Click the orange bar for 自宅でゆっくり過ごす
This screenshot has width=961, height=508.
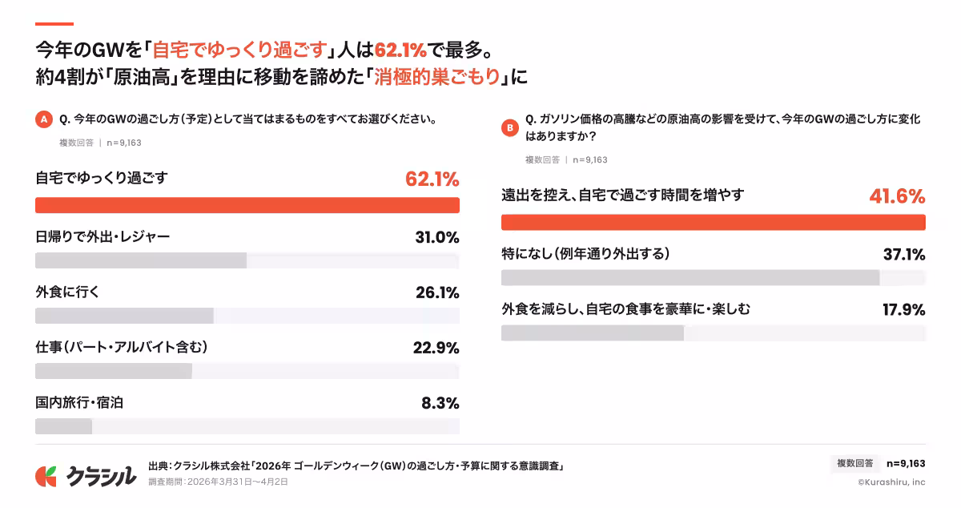pos(247,205)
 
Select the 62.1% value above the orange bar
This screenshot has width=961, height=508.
pos(432,179)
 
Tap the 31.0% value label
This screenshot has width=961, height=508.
pos(436,237)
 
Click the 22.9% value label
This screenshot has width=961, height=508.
pos(436,348)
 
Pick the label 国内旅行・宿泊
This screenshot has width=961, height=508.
pos(79,402)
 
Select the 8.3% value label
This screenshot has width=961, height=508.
pos(440,403)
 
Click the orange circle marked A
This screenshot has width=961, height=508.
pos(44,120)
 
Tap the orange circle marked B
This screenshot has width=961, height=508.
pos(509,127)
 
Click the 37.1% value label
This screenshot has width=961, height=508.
pos(903,255)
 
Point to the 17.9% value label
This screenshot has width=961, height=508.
pos(903,309)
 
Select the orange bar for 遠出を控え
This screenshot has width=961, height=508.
pos(713,223)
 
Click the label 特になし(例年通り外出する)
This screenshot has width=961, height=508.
pos(585,254)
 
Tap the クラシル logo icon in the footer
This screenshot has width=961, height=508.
pos(46,476)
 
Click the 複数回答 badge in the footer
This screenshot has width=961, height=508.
pos(855,463)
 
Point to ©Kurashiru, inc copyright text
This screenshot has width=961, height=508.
pos(891,482)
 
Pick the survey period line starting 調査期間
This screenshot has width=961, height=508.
pos(218,482)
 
